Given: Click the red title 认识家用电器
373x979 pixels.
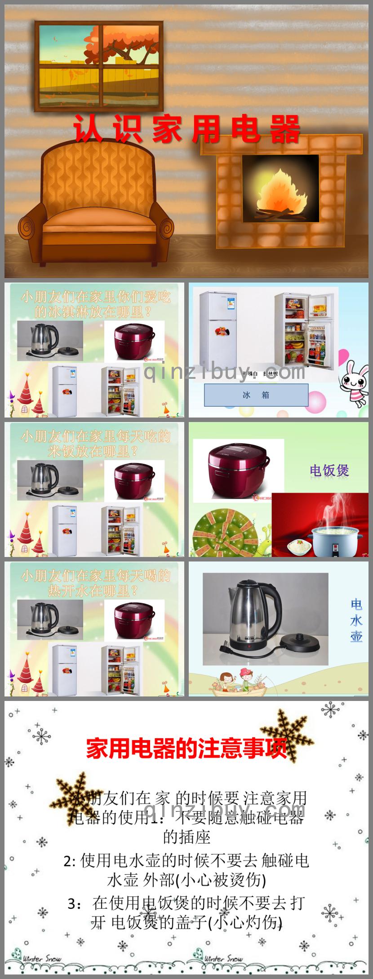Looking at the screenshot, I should (x=186, y=129).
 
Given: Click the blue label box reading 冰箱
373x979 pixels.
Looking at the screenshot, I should (x=256, y=395).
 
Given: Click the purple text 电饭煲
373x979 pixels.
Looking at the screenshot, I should (x=329, y=471).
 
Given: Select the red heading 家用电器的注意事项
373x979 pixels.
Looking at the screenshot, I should (x=186, y=749).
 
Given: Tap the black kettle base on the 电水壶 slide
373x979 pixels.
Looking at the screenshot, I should (x=300, y=644).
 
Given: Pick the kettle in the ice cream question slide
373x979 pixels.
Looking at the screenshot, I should (x=45, y=340).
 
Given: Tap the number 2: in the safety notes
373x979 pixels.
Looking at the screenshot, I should (x=70, y=861).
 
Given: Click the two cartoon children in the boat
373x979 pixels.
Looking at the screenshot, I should (x=237, y=681).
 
